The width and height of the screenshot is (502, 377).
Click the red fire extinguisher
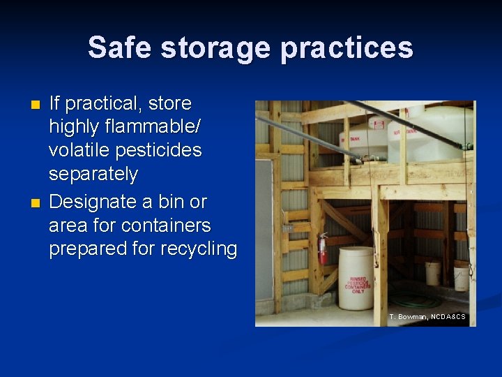pos(323,250)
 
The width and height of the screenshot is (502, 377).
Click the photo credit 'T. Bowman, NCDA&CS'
pos(427,317)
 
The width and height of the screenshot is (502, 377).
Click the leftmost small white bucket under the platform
pos(432,273)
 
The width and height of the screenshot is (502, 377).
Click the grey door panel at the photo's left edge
pos(264,237)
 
